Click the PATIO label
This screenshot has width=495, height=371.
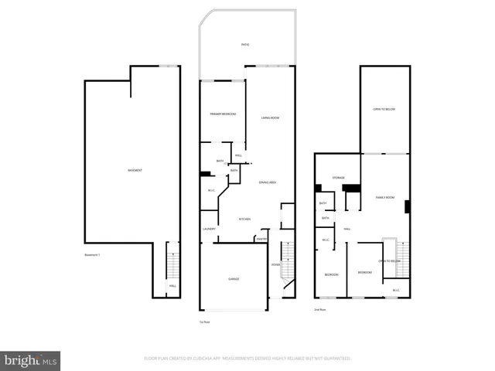tap(245, 45)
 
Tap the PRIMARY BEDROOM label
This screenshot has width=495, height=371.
tap(223, 114)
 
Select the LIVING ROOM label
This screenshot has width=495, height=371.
tap(270, 117)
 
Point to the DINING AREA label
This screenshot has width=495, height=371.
tap(268, 182)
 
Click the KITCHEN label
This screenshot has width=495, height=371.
tap(244, 219)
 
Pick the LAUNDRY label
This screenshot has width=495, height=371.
tap(209, 229)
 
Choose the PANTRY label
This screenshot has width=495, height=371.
tap(261, 240)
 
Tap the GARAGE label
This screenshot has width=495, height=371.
tap(234, 279)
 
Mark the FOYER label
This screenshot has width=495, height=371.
tap(275, 265)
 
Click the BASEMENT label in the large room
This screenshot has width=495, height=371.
tap(135, 170)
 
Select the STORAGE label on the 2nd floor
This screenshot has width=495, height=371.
tap(339, 178)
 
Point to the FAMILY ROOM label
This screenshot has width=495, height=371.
tap(385, 198)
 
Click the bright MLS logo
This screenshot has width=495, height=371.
tap(30, 359)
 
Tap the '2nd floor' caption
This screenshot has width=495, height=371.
tap(319, 309)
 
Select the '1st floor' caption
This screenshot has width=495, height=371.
tap(205, 322)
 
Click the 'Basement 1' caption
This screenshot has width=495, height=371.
tap(93, 255)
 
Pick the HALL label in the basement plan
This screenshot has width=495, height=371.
tap(172, 287)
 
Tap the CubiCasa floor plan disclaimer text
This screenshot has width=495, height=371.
tap(247, 359)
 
